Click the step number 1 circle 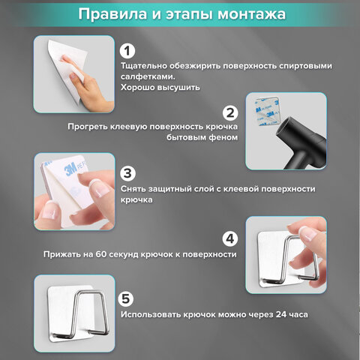(127, 51)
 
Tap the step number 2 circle (230, 113)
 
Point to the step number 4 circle (230, 239)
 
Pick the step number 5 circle (127, 298)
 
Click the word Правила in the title (112, 14)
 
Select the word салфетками (148, 76)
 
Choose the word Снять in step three (133, 189)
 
